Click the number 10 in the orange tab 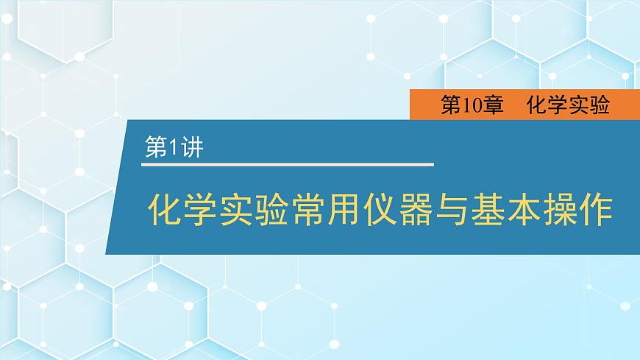[x=471, y=106]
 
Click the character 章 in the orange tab [x=493, y=106]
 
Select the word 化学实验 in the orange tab [x=568, y=106]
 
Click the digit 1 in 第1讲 [x=174, y=147]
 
